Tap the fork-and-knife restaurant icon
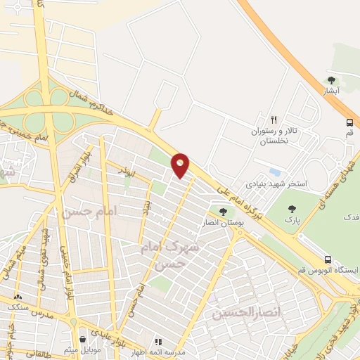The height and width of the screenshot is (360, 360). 274,120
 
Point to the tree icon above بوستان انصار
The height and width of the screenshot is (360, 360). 223,212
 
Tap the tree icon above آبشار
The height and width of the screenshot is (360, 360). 332,80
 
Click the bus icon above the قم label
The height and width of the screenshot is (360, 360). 350,122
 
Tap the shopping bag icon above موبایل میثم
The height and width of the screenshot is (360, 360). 83,339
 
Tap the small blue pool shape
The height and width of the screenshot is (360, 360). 274,172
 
